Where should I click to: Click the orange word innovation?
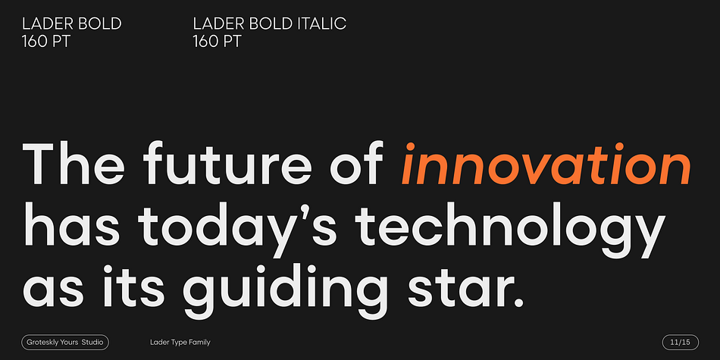[x=546, y=164]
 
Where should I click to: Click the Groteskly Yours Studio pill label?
[x=65, y=342]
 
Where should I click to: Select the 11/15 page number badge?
[x=681, y=342]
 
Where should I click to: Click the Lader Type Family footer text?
[x=180, y=342]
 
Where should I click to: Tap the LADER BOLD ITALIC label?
[x=270, y=23]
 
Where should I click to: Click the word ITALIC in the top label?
[x=322, y=23]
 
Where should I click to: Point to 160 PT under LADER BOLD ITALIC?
[x=217, y=42]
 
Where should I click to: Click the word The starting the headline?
[x=73, y=162]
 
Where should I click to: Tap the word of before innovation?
[x=357, y=162]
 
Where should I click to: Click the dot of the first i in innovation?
[x=410, y=146]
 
